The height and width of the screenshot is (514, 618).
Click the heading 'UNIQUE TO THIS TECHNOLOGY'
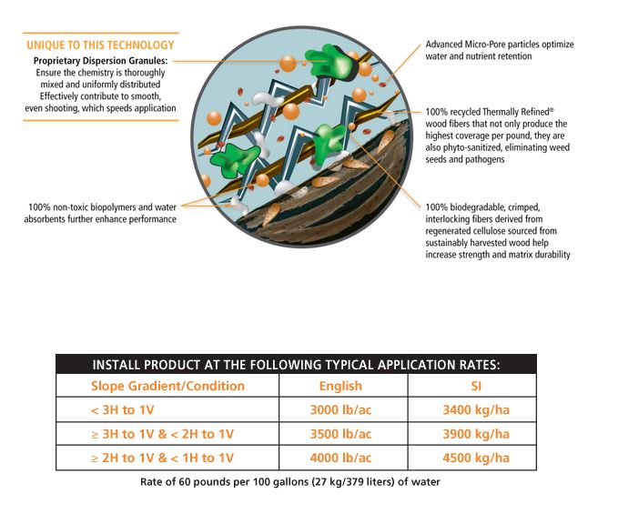coord(100,45)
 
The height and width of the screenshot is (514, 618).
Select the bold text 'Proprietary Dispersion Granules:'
coord(100,61)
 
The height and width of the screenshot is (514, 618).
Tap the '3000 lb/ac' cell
coord(341,410)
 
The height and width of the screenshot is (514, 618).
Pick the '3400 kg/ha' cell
coord(476,410)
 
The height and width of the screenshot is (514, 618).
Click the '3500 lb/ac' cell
coord(341,434)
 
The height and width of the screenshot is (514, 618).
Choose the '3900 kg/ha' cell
coord(476,434)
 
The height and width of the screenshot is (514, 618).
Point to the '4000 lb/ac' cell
coord(341,459)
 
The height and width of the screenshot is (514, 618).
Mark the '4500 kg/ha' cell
coord(476,459)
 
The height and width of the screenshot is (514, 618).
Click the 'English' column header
coord(340,386)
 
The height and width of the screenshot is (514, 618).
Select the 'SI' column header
coord(476,386)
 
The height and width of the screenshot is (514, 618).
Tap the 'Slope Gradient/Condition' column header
coord(167,386)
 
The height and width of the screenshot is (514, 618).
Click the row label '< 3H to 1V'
coord(122,410)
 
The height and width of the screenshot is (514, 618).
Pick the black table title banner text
coord(296,365)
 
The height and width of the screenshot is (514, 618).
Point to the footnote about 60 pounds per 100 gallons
coord(290,481)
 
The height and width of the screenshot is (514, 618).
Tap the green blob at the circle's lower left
coord(235,159)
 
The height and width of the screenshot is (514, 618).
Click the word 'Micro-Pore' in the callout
coord(485,44)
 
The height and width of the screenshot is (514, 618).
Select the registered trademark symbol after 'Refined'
coord(552,110)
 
